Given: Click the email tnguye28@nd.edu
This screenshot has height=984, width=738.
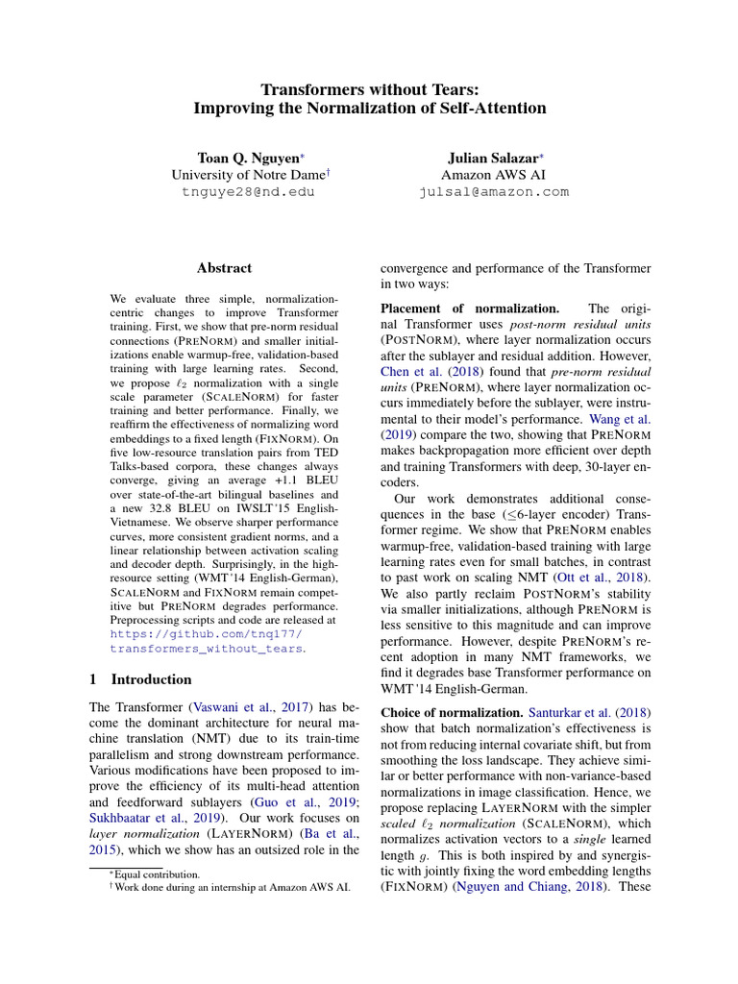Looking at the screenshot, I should (248, 191).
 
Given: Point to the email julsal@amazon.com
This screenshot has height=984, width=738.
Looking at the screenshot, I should (494, 191).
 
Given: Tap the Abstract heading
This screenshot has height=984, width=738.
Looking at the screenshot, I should (224, 268).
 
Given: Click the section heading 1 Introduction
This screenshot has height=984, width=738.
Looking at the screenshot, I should (139, 679).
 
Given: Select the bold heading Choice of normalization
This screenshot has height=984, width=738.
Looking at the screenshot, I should (452, 714).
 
